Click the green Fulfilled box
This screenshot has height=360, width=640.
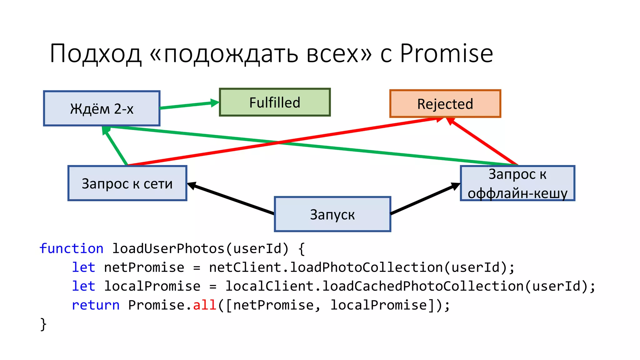275,102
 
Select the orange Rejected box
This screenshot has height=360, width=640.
445,104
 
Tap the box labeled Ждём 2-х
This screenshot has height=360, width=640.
102,109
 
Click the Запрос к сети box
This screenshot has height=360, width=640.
127,183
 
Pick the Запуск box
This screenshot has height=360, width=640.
332,214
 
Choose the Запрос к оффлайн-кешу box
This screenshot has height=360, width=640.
517,183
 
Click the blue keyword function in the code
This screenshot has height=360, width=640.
71,249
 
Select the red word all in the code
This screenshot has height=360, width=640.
205,305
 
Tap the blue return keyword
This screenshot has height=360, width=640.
96,305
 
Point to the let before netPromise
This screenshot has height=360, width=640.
83,267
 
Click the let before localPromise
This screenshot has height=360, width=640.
83,286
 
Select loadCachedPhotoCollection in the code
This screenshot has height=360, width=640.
423,286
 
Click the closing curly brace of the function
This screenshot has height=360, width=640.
43,324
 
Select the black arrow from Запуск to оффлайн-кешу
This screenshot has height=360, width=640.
425,199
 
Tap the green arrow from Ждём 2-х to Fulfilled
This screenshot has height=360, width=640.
189,105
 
